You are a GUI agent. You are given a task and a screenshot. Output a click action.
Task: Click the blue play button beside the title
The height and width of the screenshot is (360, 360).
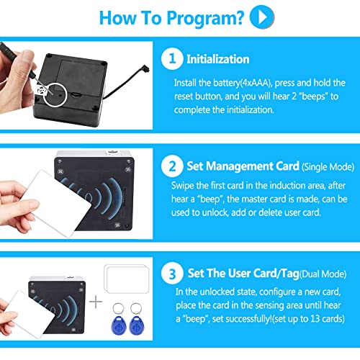262,17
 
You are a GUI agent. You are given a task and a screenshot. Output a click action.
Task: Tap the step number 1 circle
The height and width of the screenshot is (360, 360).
172,58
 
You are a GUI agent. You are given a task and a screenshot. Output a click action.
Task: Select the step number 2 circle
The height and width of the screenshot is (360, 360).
172,166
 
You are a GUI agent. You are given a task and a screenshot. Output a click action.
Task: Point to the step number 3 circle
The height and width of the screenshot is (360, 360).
172,274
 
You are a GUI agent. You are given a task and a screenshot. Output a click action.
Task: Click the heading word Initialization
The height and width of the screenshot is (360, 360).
218,59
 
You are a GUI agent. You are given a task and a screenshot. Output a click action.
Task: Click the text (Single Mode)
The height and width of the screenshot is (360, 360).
328,167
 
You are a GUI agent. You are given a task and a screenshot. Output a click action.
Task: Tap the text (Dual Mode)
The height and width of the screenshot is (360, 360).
323,274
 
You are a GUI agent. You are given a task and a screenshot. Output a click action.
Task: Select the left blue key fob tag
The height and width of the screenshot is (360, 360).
119,319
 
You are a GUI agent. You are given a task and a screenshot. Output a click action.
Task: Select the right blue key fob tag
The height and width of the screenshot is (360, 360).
137,319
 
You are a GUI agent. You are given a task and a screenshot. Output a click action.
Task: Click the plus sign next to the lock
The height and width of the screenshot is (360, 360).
96,302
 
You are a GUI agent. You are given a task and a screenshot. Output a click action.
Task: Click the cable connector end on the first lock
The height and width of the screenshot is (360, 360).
146,68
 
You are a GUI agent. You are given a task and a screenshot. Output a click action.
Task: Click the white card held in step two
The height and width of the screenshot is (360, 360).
59,204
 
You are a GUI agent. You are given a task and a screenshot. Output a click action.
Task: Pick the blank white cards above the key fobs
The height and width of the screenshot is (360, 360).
127,279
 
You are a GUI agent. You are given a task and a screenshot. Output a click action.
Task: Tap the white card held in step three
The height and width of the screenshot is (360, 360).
31,315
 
